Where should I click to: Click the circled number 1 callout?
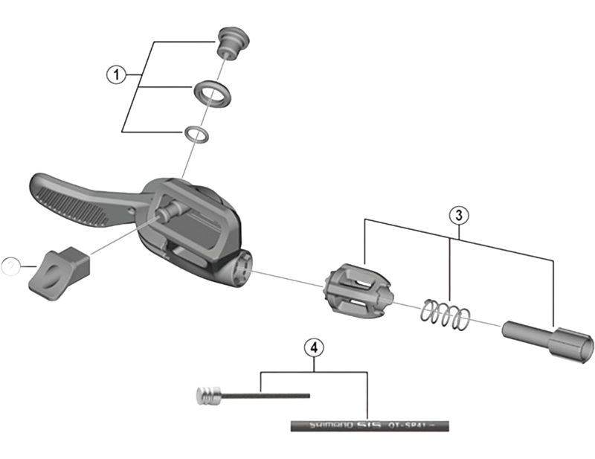click(x=114, y=74)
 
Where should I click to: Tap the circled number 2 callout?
click(x=10, y=263)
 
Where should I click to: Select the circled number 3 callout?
click(x=459, y=215)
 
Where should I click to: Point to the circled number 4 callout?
click(x=315, y=347)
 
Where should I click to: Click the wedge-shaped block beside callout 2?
click(x=57, y=269)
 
